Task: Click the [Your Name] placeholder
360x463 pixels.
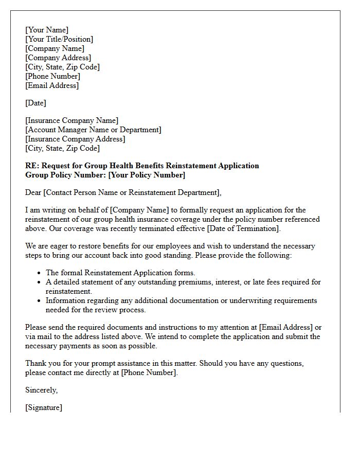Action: click(47, 30)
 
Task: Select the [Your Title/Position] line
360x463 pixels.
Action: click(59, 39)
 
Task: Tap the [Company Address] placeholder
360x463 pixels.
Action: click(58, 58)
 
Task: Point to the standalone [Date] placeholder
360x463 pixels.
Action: click(35, 103)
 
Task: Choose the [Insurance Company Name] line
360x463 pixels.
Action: click(71, 120)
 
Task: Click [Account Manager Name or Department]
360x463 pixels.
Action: click(93, 130)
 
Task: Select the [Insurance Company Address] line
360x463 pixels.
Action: click(75, 139)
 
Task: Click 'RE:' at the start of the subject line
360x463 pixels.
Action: click(32, 166)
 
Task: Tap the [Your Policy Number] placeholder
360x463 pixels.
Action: click(147, 175)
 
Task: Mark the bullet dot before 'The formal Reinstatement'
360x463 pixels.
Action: click(40, 273)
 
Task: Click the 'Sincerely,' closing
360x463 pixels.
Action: click(42, 390)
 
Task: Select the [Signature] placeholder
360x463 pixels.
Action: click(44, 407)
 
